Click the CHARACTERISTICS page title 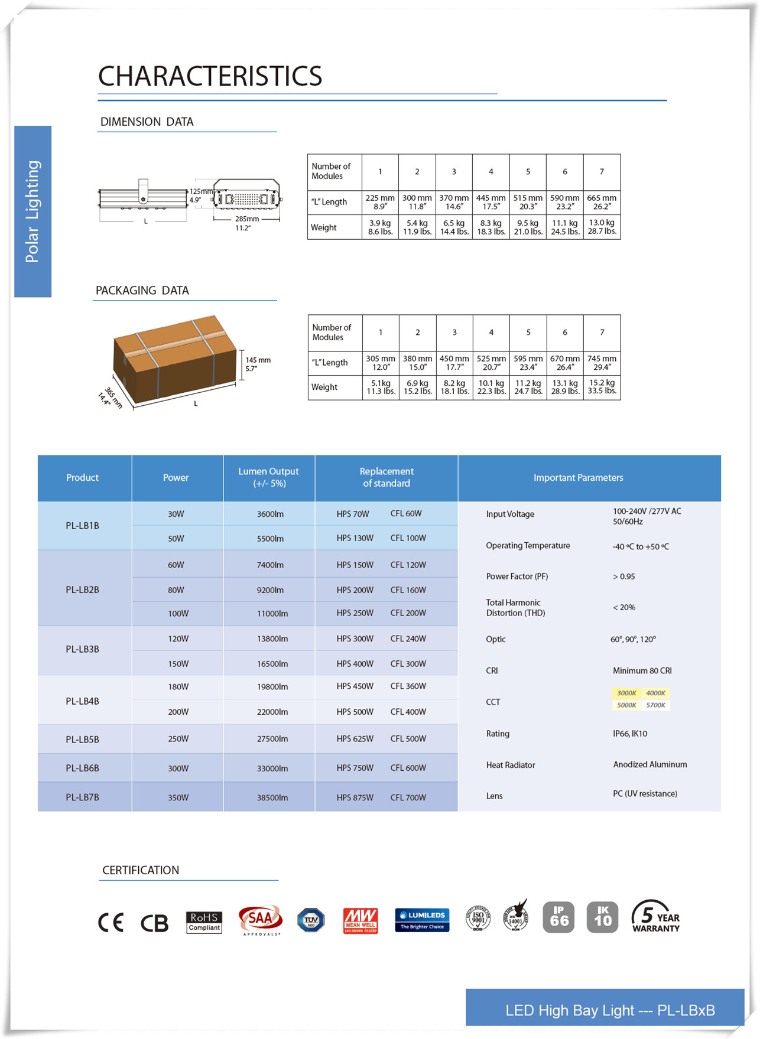[210, 76]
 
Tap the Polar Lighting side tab [33, 211]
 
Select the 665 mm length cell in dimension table [602, 202]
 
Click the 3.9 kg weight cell [380, 227]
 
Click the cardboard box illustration [174, 357]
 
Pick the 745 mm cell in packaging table [602, 363]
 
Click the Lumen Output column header [268, 477]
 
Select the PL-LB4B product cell [83, 701]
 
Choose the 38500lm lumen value [272, 797]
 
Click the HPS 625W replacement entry [355, 739]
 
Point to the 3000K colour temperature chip [626, 693]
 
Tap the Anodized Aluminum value [649, 764]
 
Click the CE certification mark [111, 923]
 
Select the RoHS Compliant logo [204, 922]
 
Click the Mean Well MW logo [360, 921]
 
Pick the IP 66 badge [558, 917]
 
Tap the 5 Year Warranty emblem [655, 917]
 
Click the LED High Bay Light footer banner [609, 1010]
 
